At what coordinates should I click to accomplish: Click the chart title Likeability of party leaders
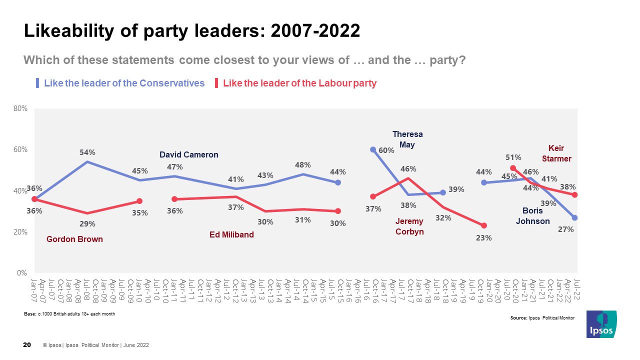(x=191, y=31)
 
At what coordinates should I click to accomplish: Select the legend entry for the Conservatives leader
(x=124, y=83)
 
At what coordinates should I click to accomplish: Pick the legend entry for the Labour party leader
(x=299, y=83)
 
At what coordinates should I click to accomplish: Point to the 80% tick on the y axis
(x=21, y=108)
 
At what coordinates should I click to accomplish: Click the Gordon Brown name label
(x=74, y=239)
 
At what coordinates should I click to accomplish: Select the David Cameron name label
(x=188, y=155)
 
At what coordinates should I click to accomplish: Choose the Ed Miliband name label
(x=231, y=235)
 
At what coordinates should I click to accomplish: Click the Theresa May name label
(x=407, y=139)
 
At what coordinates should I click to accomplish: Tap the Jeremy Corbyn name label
(x=409, y=226)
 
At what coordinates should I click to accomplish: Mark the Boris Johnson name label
(x=533, y=216)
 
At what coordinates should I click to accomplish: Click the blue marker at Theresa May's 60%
(x=373, y=149)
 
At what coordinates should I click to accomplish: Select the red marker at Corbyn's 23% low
(x=484, y=225)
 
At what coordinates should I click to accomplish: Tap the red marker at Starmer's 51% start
(x=513, y=168)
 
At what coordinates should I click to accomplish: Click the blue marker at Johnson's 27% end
(x=575, y=217)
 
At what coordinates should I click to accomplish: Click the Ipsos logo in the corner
(x=601, y=324)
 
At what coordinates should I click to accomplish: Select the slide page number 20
(x=28, y=345)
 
